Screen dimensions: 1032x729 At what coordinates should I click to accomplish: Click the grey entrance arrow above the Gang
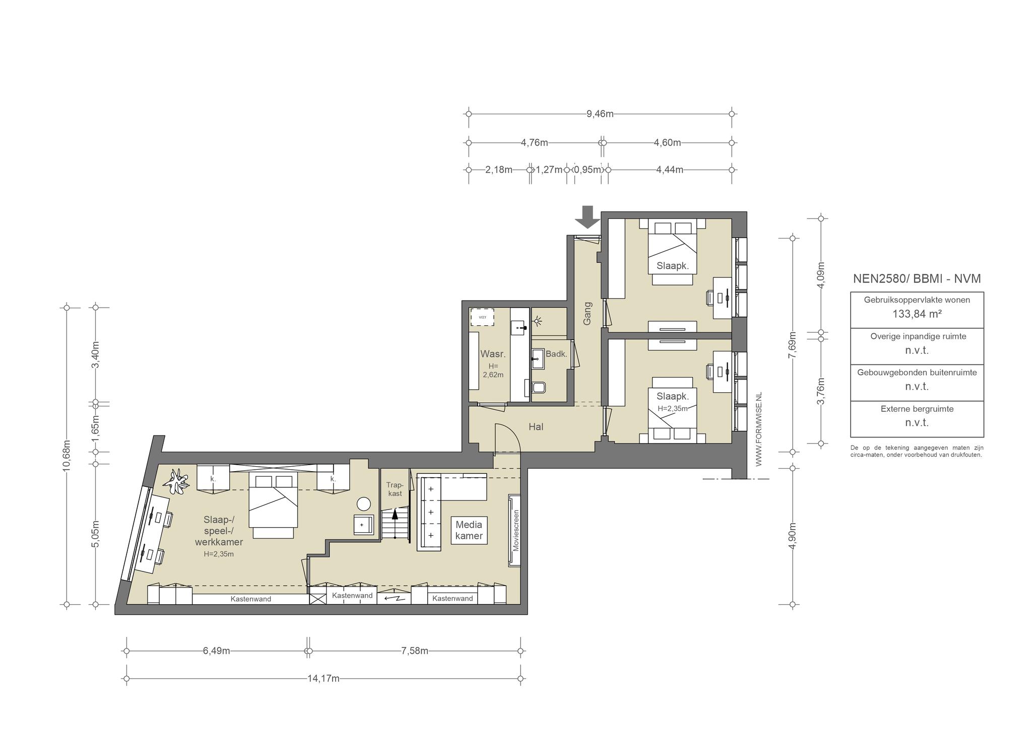pos(588,216)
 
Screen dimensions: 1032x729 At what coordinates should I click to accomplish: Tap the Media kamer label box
pos(469,531)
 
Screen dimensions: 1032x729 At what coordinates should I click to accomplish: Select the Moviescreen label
pos(515,531)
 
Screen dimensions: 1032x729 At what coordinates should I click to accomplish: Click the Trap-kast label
pos(395,489)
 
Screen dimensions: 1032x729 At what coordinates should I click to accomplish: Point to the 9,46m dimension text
pos(600,114)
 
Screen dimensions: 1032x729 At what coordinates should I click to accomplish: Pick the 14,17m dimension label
pos(324,679)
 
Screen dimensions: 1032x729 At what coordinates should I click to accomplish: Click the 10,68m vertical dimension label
pos(67,455)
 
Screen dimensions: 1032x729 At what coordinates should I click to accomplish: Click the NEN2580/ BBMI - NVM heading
pos(917,279)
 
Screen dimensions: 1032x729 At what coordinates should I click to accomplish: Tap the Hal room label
pos(536,427)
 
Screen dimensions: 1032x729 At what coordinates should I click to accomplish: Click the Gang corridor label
pos(587,313)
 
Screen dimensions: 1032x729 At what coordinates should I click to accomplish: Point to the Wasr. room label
pos(493,354)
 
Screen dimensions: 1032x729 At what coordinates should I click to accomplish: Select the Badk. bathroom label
pos(556,354)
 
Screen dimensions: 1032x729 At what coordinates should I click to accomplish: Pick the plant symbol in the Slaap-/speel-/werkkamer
pos(176,481)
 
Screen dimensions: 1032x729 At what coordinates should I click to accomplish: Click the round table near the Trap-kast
pos(363,504)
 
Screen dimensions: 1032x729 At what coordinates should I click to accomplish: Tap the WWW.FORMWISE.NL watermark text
pos(759,429)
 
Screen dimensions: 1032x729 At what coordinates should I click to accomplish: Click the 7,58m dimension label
pos(415,650)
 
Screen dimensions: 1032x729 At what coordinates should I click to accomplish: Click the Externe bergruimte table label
pos(917,409)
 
